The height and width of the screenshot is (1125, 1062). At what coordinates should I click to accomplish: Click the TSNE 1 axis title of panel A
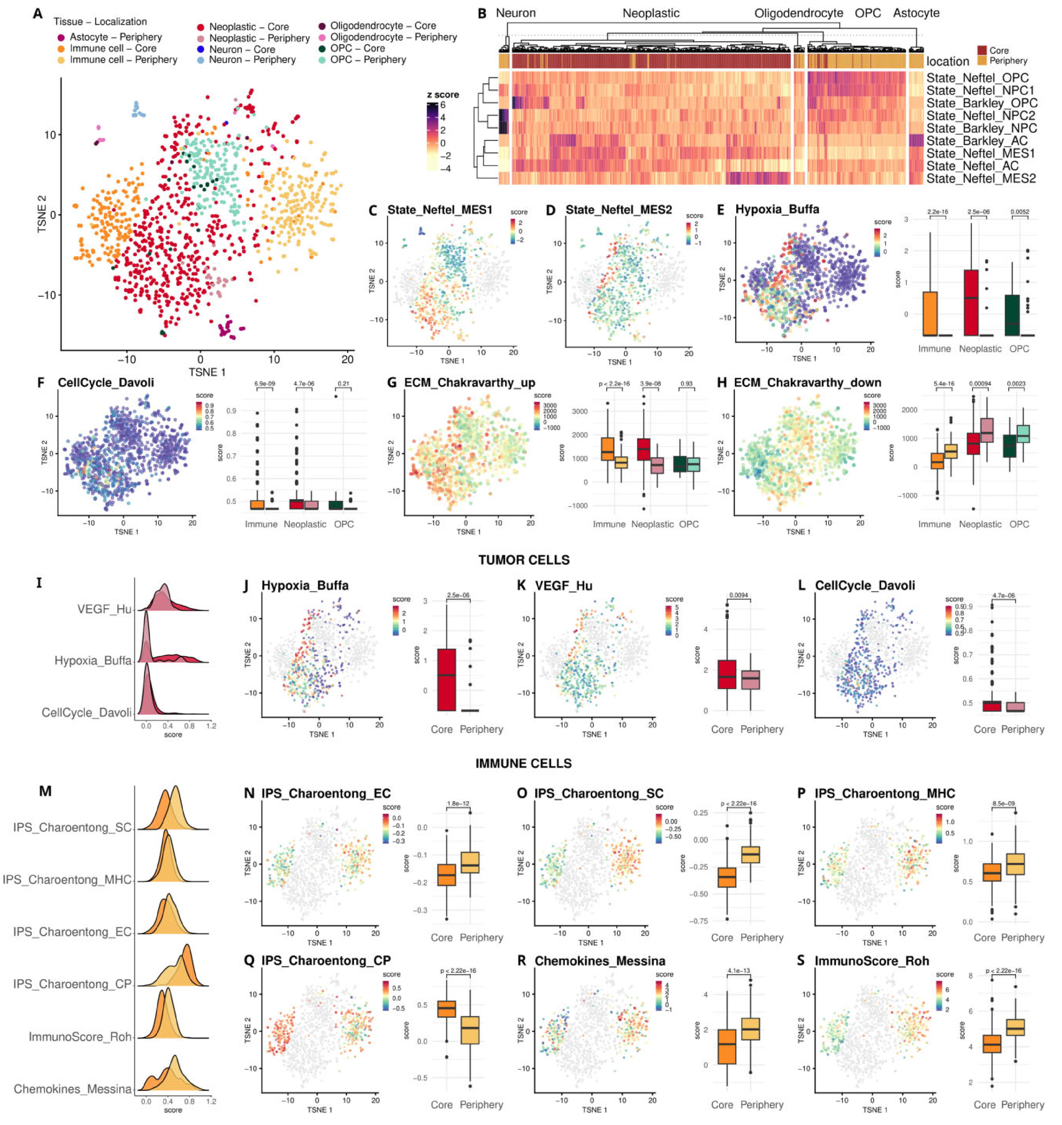point(207,372)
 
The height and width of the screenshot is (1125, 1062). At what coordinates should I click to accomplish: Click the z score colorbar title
point(443,95)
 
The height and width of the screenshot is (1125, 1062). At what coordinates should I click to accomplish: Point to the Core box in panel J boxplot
point(447,679)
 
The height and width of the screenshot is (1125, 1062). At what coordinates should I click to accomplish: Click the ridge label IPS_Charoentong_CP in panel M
point(72,984)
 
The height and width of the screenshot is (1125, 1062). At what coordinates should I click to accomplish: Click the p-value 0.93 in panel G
point(686,384)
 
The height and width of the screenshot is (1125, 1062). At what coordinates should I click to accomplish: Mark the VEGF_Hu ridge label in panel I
point(104,609)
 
